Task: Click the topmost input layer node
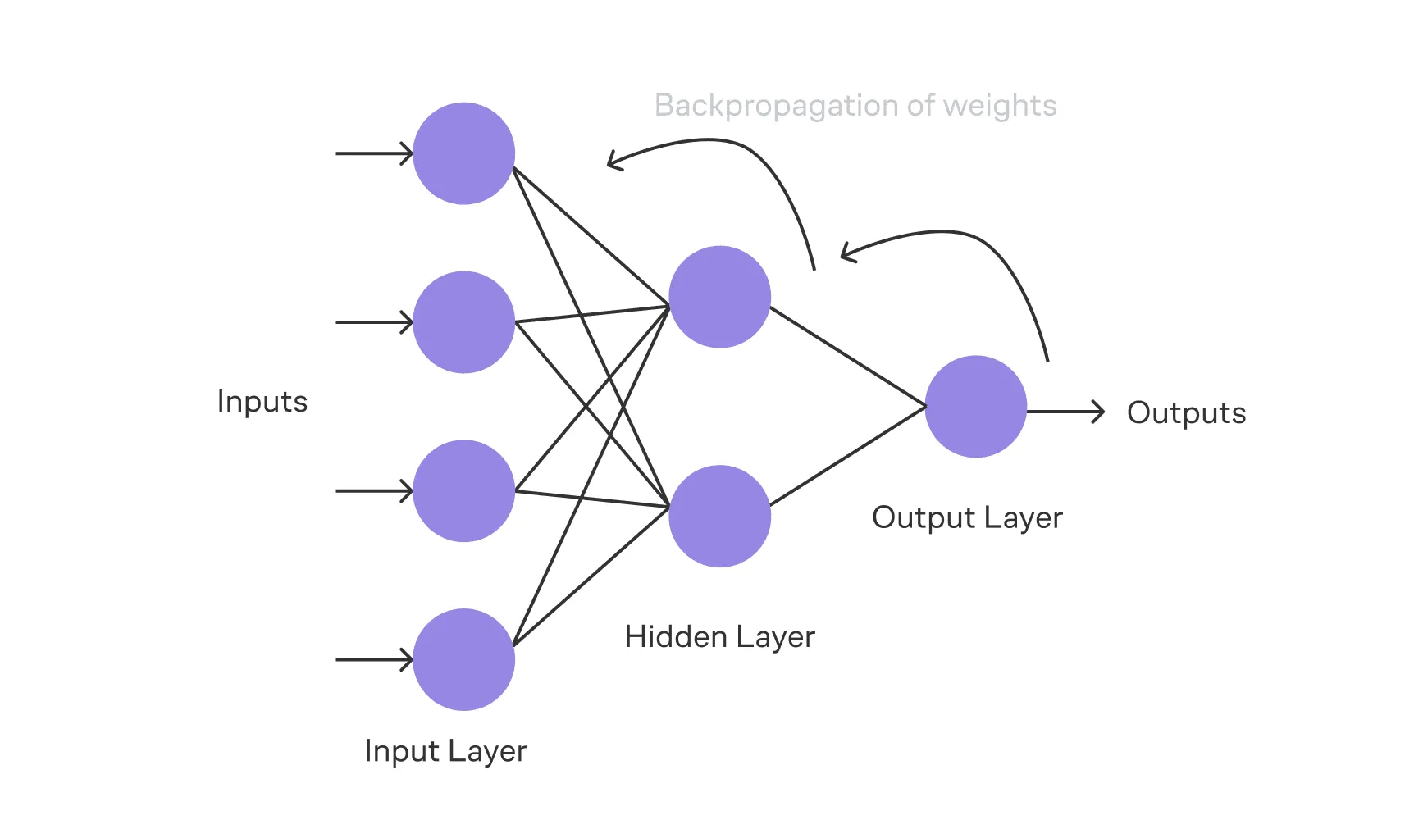tap(463, 153)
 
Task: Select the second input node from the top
tap(463, 322)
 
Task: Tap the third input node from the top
tap(463, 491)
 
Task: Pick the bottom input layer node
tap(463, 659)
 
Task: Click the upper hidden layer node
tap(719, 297)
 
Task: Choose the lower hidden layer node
tap(719, 516)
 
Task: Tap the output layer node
tap(975, 406)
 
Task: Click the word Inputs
tap(262, 402)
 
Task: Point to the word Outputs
tap(1186, 412)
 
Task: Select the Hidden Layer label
tap(719, 637)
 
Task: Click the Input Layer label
tap(445, 751)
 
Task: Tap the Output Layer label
tap(967, 517)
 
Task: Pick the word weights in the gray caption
tap(1000, 106)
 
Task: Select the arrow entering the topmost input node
tap(373, 153)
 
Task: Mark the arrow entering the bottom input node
tap(373, 659)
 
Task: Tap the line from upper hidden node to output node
tap(848, 357)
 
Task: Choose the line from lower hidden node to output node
tap(848, 456)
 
